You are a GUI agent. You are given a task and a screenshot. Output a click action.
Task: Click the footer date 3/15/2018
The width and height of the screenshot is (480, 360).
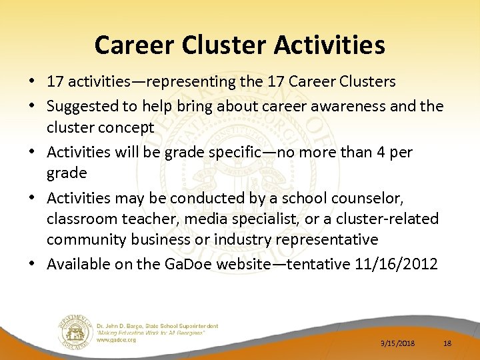click(x=397, y=343)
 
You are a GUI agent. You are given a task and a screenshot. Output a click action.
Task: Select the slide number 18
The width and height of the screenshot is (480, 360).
click(x=447, y=343)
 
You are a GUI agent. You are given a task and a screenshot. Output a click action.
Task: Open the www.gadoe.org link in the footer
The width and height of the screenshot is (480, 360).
click(x=117, y=339)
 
